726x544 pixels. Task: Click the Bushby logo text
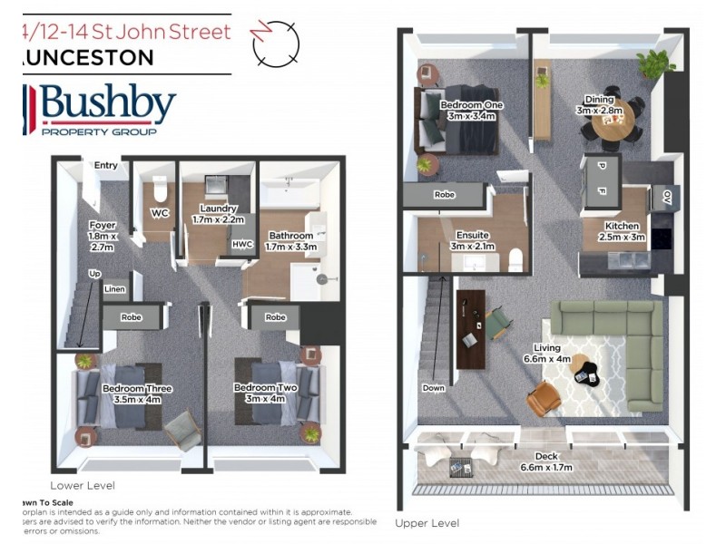[107, 104]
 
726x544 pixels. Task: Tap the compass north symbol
[275, 44]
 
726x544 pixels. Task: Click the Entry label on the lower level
[106, 165]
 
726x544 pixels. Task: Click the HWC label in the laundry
[242, 244]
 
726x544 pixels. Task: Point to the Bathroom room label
[289, 236]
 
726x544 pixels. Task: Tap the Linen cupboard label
[114, 289]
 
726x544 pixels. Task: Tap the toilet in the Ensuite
[515, 260]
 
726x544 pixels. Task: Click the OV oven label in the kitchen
[666, 196]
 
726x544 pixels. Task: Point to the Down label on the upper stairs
[434, 388]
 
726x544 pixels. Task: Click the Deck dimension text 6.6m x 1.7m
[541, 469]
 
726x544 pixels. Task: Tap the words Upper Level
[427, 523]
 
